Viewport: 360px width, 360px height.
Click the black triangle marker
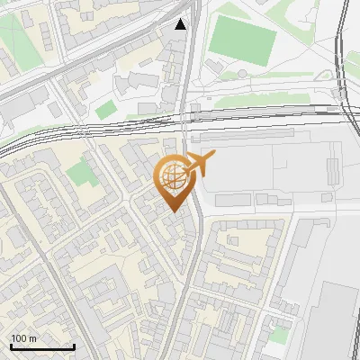pyautogui.click(x=181, y=24)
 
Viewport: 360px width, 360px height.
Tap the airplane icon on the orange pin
pyautogui.click(x=200, y=163)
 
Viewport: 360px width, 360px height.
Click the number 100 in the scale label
pyautogui.click(x=20, y=338)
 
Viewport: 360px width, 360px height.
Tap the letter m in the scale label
pyautogui.click(x=33, y=338)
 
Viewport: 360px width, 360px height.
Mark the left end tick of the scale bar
pyautogui.click(x=11, y=346)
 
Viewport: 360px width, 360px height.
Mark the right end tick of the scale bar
pyautogui.click(x=74, y=346)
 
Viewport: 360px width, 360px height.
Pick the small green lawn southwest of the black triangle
pyautogui.click(x=106, y=110)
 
